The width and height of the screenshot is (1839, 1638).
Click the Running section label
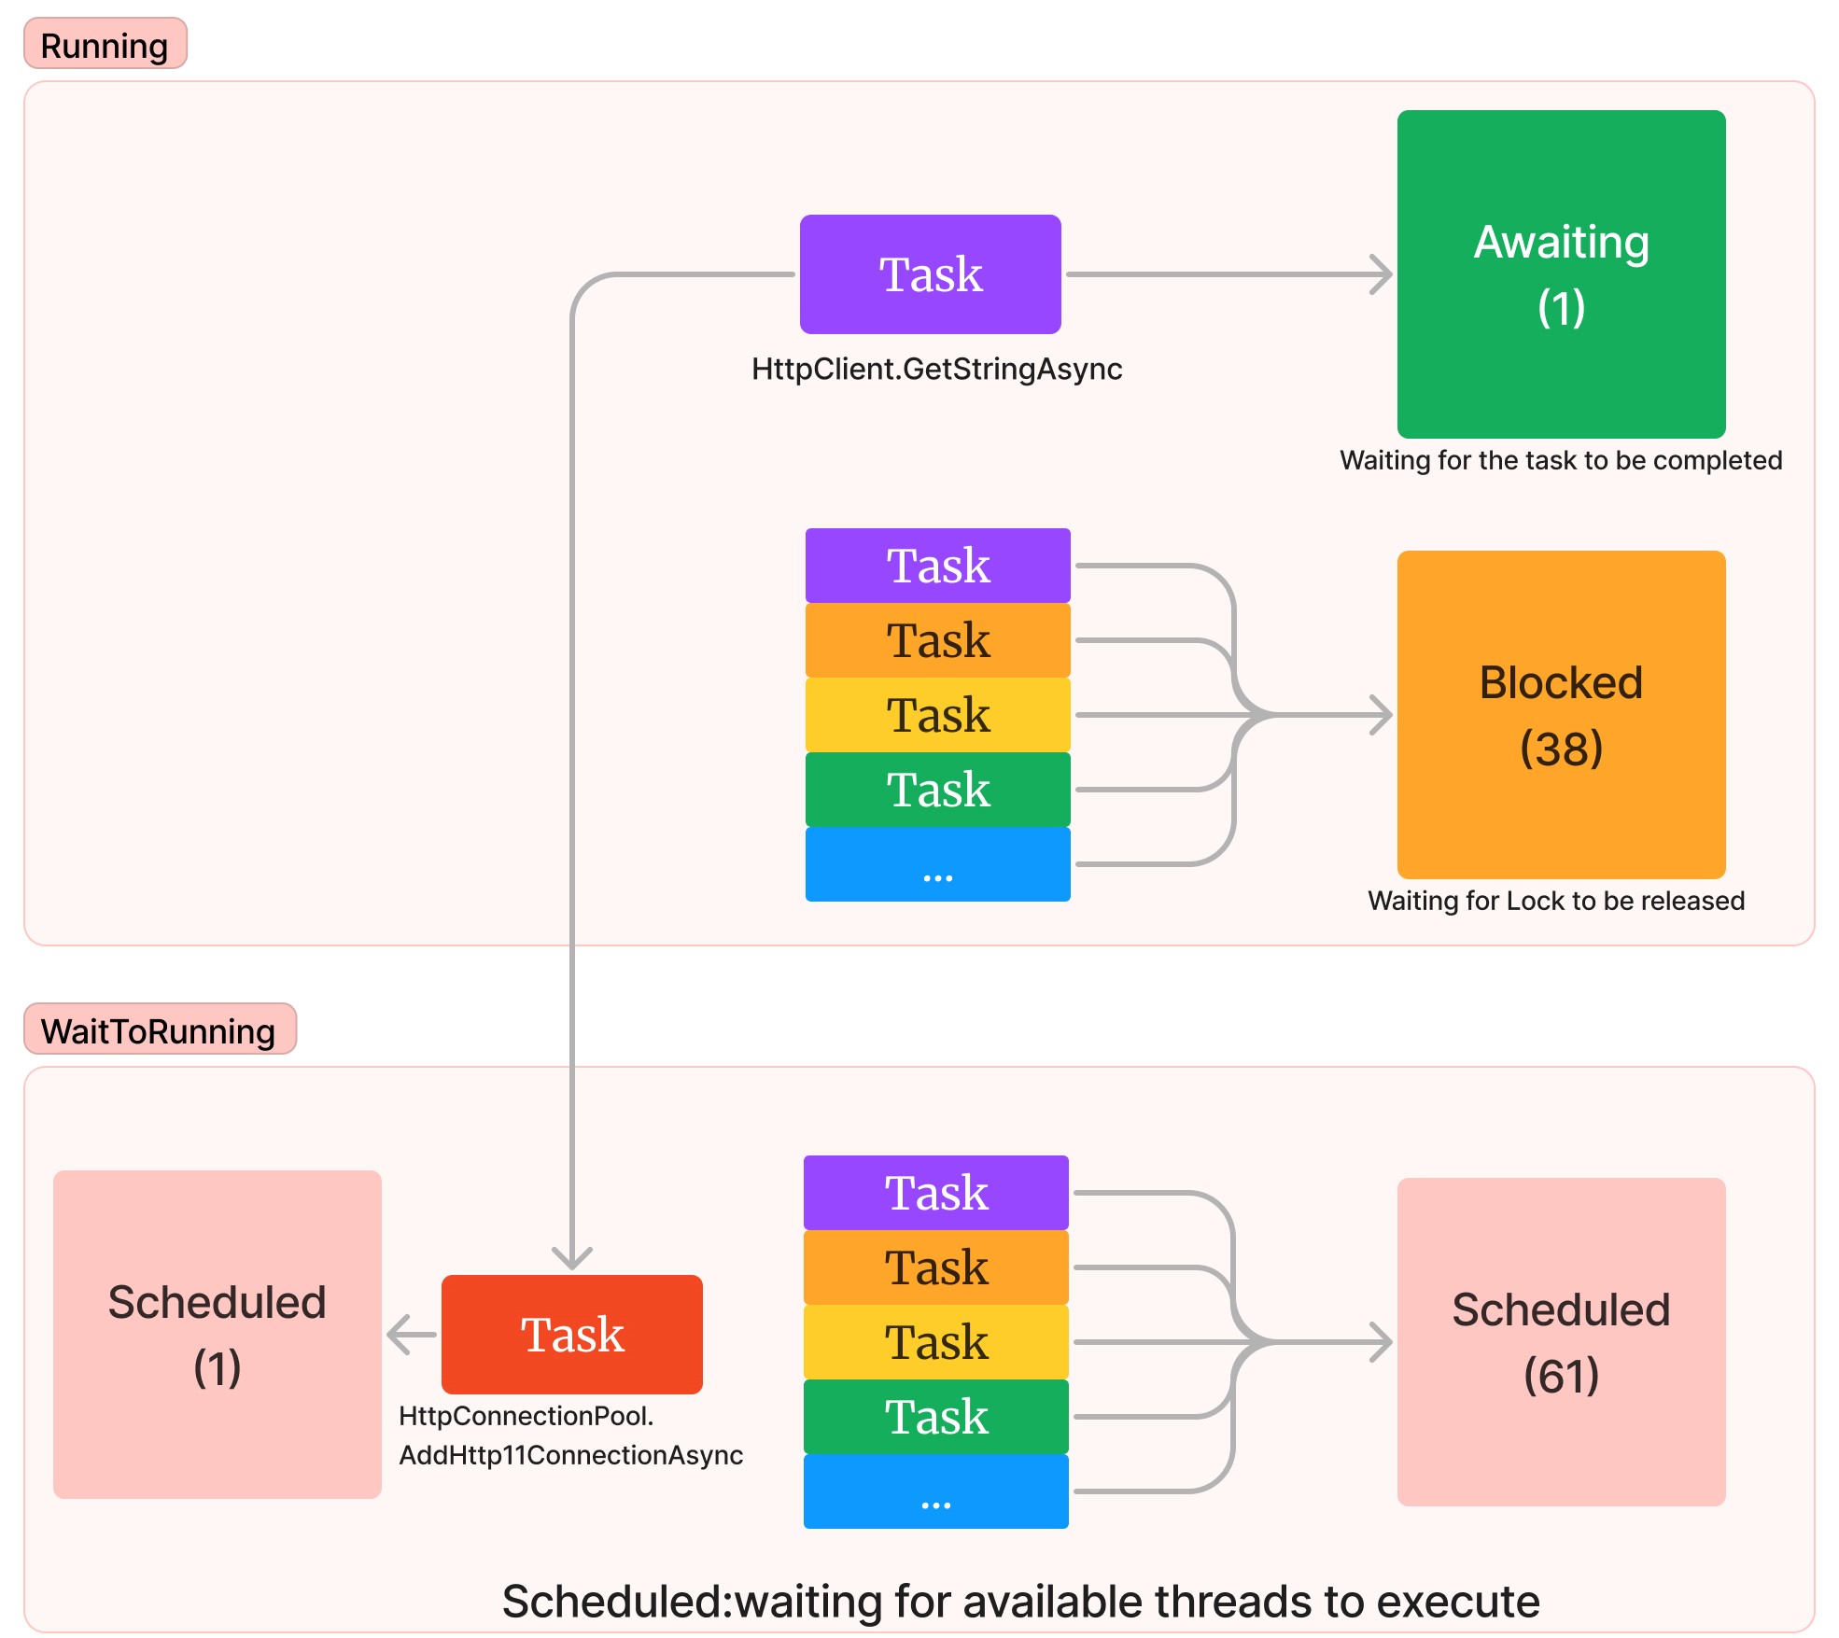point(105,44)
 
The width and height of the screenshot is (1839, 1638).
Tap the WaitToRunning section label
point(159,1029)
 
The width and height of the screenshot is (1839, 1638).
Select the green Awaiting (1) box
point(1560,273)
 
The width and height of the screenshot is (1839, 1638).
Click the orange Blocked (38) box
point(1560,714)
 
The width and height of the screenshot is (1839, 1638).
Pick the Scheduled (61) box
point(1560,1341)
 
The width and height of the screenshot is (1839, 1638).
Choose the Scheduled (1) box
point(217,1334)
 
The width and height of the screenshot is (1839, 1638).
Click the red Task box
point(571,1334)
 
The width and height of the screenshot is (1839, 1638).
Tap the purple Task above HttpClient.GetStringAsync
point(930,273)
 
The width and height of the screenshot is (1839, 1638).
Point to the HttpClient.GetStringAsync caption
point(936,369)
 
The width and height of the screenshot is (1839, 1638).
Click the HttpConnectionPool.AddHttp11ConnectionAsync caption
point(569,1435)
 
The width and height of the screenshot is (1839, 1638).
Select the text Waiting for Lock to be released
point(1555,901)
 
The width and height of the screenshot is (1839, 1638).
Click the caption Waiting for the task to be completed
point(1560,460)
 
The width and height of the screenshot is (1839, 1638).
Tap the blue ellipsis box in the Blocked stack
point(937,864)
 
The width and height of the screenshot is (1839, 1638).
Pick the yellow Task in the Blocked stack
point(937,715)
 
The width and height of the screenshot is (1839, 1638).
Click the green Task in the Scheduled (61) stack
point(935,1417)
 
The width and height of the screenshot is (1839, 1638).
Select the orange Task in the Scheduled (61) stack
point(935,1267)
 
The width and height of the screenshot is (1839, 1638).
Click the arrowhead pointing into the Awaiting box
point(1383,274)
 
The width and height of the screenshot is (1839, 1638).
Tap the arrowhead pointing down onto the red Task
point(572,1258)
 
